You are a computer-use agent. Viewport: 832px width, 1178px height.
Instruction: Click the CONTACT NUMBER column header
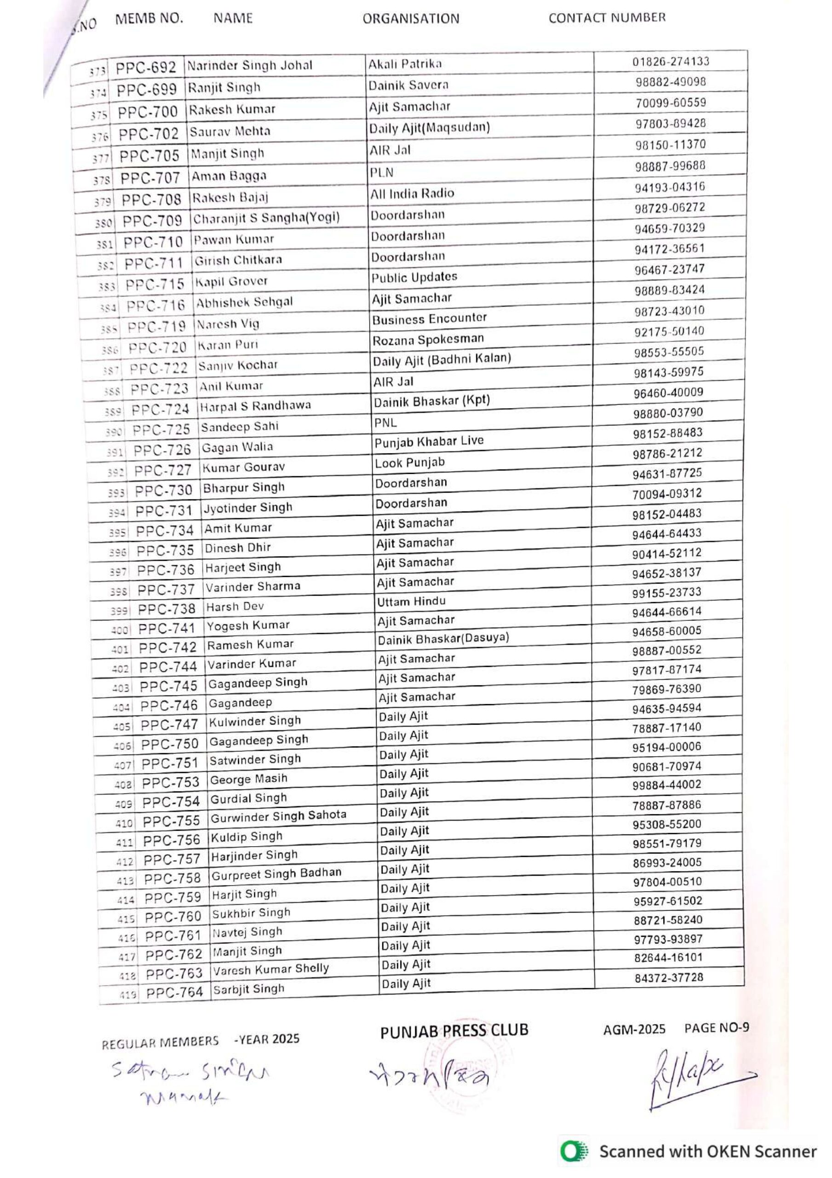click(607, 18)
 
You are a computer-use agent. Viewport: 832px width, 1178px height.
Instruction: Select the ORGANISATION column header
click(411, 19)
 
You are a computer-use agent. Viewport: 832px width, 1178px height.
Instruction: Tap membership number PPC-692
click(146, 68)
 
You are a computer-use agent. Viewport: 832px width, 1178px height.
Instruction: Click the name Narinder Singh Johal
click(249, 66)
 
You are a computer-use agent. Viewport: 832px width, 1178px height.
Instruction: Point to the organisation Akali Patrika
click(405, 64)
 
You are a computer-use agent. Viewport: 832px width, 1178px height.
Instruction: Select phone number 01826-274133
click(671, 62)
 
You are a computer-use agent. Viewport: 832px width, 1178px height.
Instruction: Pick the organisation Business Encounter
click(429, 318)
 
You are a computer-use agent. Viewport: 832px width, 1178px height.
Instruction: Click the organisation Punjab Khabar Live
click(429, 441)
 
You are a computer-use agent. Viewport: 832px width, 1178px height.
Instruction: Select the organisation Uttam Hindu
click(411, 601)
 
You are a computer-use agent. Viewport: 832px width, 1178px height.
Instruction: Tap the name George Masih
click(248, 780)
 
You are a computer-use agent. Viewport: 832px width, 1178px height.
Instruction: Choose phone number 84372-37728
click(668, 978)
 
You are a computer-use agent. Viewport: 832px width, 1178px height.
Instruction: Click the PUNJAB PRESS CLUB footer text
click(454, 1030)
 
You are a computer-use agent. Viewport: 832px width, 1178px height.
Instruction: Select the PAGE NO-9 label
click(716, 1028)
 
